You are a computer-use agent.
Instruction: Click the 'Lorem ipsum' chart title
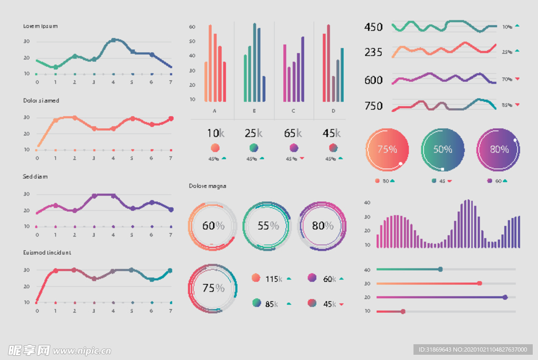(x=40, y=26)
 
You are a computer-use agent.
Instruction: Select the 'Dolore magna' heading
(x=208, y=186)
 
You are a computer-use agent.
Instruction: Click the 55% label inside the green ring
(x=268, y=226)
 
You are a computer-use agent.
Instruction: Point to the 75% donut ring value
(x=213, y=288)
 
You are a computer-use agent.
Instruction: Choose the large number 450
(x=374, y=27)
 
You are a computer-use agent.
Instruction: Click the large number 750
(x=374, y=106)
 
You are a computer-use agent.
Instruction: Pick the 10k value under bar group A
(x=214, y=133)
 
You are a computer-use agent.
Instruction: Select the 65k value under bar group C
(x=293, y=133)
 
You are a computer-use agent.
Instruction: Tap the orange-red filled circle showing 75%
(x=387, y=149)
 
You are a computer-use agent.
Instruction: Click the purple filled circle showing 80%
(x=499, y=149)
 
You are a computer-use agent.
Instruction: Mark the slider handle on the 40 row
(x=440, y=270)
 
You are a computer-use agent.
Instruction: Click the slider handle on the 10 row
(x=403, y=312)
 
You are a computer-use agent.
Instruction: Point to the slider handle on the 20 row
(x=505, y=297)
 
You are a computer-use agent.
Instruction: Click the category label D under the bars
(x=333, y=111)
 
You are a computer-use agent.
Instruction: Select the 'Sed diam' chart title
(x=35, y=177)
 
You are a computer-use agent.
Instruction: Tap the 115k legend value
(x=274, y=279)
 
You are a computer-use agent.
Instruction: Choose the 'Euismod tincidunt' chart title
(x=47, y=253)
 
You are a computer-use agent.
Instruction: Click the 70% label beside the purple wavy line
(x=507, y=79)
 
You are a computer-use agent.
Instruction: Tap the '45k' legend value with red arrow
(x=329, y=304)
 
